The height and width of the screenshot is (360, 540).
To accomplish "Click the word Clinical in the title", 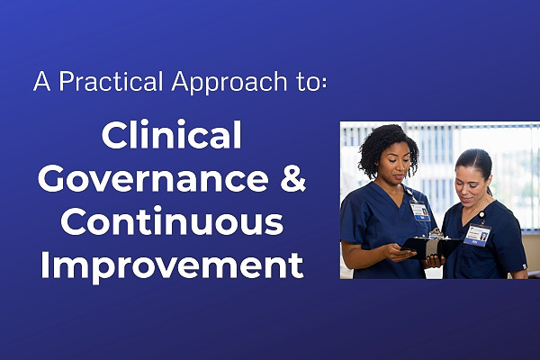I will point(171,136).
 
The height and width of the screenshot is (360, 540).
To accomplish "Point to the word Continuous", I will point(171,221).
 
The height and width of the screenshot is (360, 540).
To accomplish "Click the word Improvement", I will point(171,265).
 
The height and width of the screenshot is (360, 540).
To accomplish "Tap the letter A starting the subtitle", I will point(41,83).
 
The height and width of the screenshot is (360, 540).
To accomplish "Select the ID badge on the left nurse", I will point(419,211).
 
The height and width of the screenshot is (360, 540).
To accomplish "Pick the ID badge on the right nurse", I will point(478,234).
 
